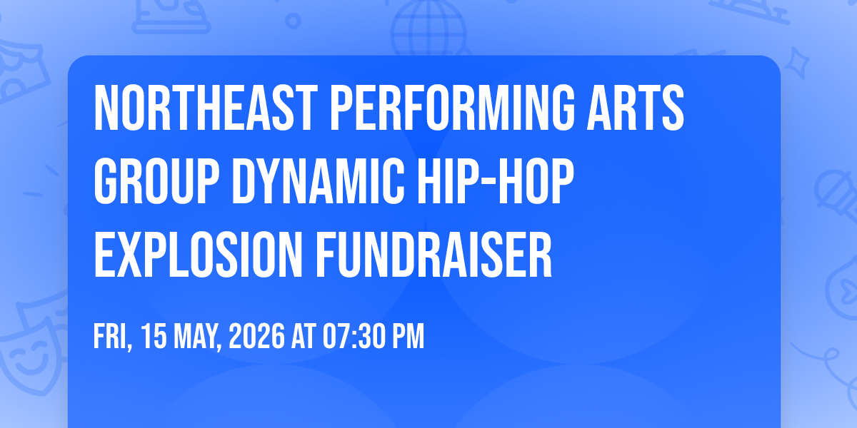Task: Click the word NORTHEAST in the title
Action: (x=206, y=108)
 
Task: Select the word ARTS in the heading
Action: (x=636, y=108)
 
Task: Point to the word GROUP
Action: (x=156, y=181)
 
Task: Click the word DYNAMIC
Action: (x=319, y=181)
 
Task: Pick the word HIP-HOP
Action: (x=496, y=181)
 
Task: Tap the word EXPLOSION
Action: (x=199, y=255)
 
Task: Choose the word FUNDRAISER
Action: (x=433, y=255)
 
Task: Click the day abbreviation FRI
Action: (x=113, y=336)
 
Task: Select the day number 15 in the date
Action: (x=154, y=336)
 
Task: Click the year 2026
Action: (x=256, y=336)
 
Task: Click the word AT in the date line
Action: (x=304, y=336)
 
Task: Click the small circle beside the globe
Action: (x=293, y=21)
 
